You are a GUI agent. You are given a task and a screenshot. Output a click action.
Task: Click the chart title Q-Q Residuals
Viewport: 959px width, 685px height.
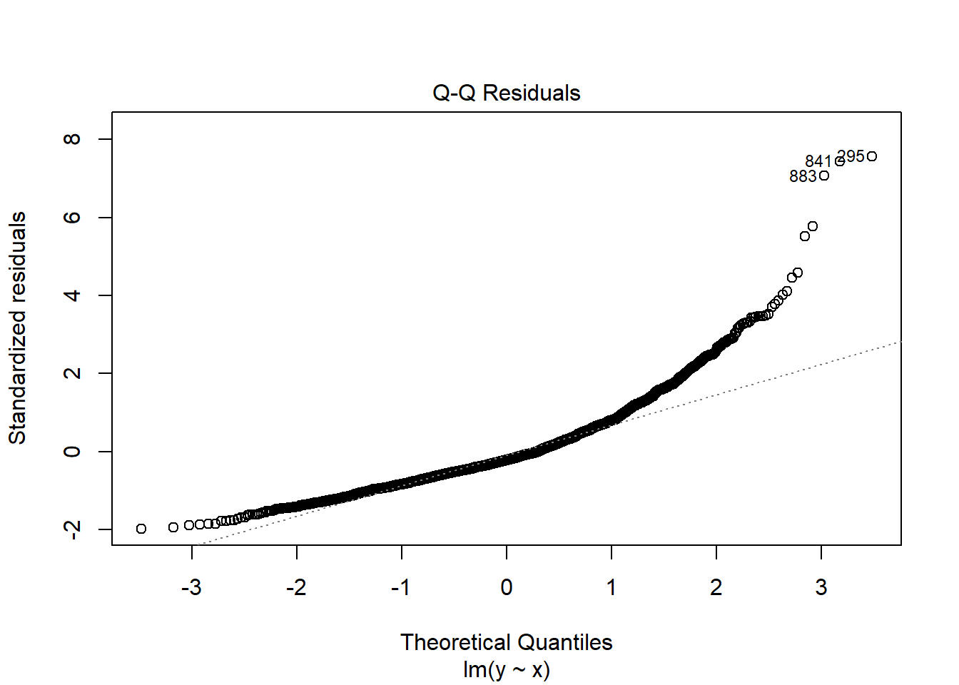click(x=506, y=93)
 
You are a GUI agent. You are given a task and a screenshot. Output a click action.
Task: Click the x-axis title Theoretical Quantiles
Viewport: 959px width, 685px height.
click(x=506, y=642)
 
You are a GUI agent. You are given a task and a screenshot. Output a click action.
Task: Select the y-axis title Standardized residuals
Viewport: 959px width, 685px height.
click(x=17, y=328)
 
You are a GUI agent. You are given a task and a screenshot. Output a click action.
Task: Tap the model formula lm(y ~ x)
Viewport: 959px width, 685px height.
click(x=506, y=669)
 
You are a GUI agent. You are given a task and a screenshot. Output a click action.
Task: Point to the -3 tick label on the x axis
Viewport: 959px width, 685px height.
click(x=191, y=587)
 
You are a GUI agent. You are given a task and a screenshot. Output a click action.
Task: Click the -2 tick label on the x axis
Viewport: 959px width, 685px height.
click(x=296, y=587)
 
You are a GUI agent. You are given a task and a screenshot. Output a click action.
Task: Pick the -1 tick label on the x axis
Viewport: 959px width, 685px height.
click(x=401, y=587)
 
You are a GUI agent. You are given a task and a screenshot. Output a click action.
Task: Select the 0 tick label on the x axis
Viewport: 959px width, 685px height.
click(x=507, y=587)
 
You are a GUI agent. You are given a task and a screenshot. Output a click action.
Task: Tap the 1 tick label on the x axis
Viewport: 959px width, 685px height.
click(x=612, y=587)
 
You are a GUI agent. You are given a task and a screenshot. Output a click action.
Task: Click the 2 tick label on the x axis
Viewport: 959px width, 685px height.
click(x=716, y=587)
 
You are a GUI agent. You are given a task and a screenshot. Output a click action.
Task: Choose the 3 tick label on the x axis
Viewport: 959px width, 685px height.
click(x=821, y=587)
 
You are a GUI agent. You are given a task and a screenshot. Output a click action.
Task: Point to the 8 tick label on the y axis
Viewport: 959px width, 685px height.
click(x=72, y=138)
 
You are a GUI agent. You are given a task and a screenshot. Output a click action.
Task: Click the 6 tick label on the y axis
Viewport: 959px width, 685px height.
click(x=72, y=217)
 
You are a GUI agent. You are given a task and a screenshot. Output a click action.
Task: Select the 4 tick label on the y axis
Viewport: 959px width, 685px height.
click(x=72, y=295)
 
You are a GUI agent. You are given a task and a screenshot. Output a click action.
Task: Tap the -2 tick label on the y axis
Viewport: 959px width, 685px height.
click(x=72, y=529)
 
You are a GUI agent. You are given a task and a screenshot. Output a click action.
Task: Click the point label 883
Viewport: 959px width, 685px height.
click(x=803, y=176)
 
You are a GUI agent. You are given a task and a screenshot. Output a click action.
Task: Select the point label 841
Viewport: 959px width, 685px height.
click(x=818, y=161)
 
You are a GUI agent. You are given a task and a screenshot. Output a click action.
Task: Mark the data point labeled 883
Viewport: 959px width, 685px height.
click(x=824, y=176)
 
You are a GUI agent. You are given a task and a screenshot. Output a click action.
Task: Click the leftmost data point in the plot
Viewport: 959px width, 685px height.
click(x=141, y=529)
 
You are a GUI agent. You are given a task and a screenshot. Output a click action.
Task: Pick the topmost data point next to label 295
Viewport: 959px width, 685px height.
click(x=872, y=156)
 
